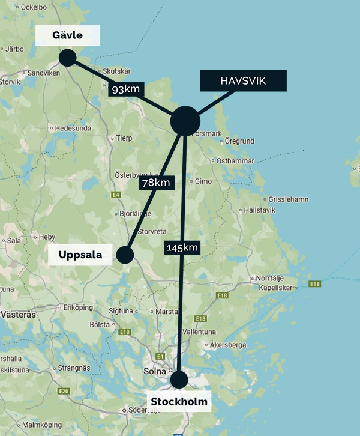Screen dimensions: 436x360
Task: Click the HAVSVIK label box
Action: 243,82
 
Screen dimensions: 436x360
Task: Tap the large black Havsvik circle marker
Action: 185,121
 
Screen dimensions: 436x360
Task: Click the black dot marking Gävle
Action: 67,58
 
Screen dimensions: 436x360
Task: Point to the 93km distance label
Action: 126,89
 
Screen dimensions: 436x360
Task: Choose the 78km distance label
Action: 156,183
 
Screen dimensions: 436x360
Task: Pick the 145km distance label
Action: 181,247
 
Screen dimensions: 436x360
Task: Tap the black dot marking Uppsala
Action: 125,255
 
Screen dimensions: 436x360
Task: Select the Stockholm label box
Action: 179,401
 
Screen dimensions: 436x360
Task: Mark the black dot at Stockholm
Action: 179,380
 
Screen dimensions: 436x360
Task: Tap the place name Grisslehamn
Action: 289,199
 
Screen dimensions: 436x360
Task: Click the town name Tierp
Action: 124,138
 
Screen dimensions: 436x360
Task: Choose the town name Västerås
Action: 19,314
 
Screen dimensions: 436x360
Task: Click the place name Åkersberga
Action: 229,345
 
